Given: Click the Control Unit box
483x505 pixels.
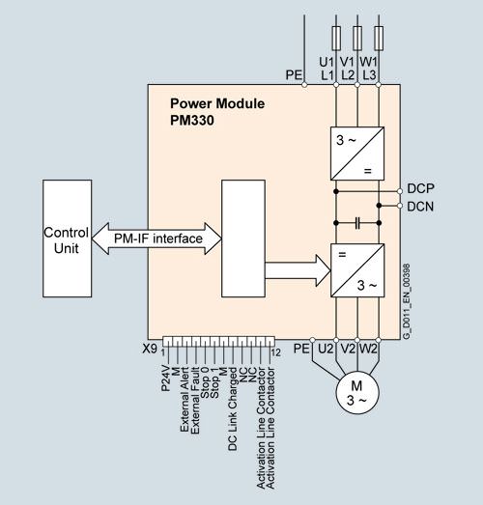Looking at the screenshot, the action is pos(67,238).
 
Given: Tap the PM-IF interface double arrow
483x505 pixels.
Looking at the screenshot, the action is pos(156,238).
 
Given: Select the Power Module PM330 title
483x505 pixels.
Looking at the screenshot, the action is pos(217,112).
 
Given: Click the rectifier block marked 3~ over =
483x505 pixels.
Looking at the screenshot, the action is pos(357,154).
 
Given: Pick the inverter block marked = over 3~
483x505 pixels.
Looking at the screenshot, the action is pos(357,270).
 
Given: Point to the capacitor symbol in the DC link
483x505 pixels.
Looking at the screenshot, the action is pos(357,223).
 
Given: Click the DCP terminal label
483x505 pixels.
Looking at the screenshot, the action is pos(420,188).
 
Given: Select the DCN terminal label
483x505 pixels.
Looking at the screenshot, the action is pos(420,207).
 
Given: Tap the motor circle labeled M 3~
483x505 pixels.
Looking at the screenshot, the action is pos(357,392).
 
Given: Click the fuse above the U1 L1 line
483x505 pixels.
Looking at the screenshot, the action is pos(336,39).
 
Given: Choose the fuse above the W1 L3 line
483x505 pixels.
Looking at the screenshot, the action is pos(379,39).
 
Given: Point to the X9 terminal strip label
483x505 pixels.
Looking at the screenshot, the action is pos(150,349).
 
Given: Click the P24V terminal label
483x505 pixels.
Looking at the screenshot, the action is pos(165,379).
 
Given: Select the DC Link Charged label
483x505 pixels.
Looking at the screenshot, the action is pos(232,409).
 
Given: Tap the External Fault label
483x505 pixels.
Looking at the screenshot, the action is pos(195,401).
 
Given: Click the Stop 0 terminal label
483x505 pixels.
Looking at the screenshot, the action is pos(205,382).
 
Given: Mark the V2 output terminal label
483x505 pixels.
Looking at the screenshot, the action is pos(348,349).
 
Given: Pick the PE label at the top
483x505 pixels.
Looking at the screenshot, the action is pos(294,75).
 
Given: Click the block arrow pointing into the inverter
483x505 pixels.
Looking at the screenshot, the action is pos(298,270).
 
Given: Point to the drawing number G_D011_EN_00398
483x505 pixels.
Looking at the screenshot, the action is pos(407,301).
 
